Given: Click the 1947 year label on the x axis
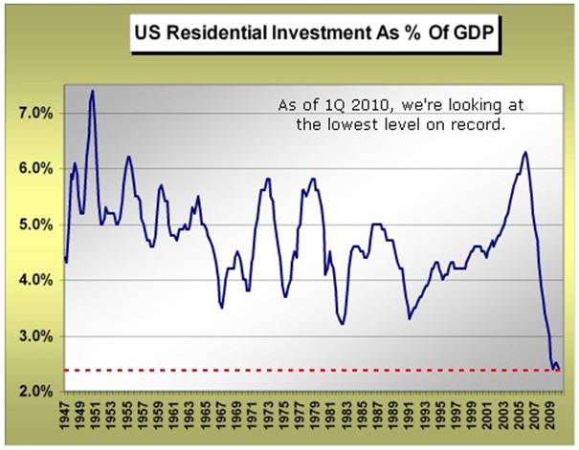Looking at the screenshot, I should coord(65,417).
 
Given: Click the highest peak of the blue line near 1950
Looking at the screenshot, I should coord(92,91).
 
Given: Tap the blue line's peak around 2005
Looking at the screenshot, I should coord(525,152).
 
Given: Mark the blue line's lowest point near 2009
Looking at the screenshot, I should coord(554,369).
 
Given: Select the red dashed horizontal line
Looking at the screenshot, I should coord(287,370).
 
